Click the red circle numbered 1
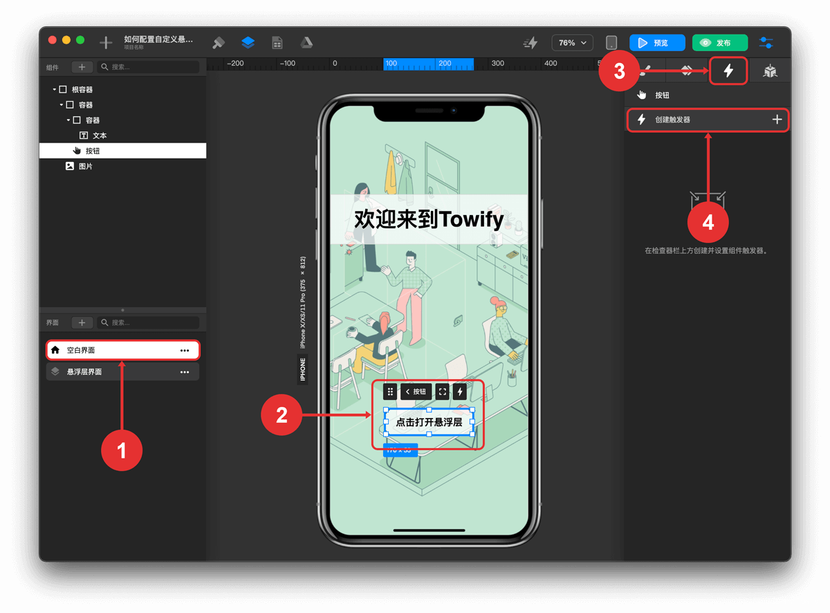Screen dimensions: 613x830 point(122,450)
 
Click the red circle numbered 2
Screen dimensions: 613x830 point(282,415)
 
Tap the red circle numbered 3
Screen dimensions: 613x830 point(619,71)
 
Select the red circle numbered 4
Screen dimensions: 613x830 point(708,222)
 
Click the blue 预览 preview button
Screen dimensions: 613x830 point(656,43)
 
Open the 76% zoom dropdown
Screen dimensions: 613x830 point(572,43)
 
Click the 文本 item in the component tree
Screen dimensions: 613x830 point(100,136)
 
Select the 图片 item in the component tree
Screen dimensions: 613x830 point(85,166)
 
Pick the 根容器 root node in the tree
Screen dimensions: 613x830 point(82,89)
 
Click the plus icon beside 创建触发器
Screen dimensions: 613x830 point(777,120)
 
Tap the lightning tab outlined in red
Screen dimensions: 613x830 point(728,71)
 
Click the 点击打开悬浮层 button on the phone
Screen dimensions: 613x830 point(429,421)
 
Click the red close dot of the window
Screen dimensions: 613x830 point(52,40)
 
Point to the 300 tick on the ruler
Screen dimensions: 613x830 point(497,64)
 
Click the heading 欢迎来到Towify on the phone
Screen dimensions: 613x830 point(428,219)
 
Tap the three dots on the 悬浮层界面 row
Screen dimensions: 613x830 point(185,372)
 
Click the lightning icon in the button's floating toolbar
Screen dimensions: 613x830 point(460,392)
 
